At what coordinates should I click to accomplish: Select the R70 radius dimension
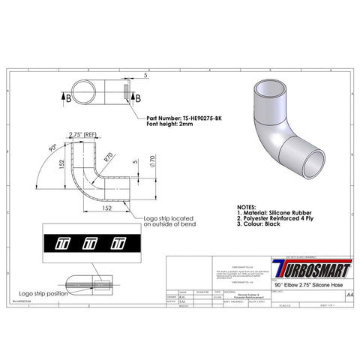(110, 157)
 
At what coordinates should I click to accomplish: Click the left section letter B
(68, 97)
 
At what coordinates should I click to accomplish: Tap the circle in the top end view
(89, 94)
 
